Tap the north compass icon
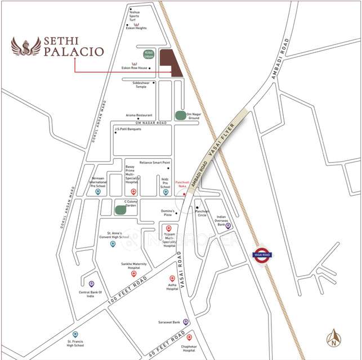[334, 337]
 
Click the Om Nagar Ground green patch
[181, 115]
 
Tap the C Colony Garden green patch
[120, 210]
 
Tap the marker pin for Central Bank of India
[91, 284]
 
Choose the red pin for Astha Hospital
[172, 278]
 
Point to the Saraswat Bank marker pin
[186, 322]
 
